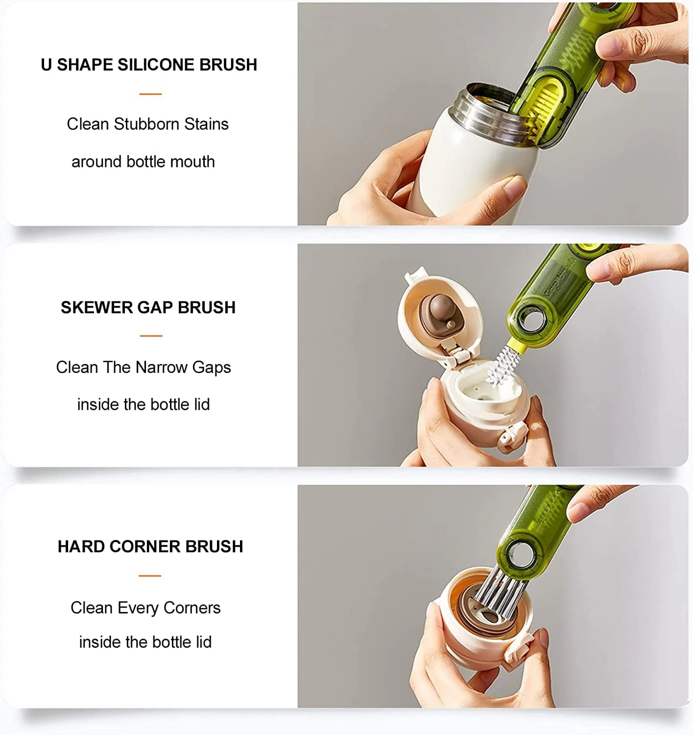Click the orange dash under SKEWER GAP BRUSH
pyautogui.click(x=151, y=336)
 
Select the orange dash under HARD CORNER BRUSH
pyautogui.click(x=150, y=575)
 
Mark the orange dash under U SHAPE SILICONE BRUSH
pyautogui.click(x=150, y=94)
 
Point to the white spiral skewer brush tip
pyautogui.click(x=502, y=367)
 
